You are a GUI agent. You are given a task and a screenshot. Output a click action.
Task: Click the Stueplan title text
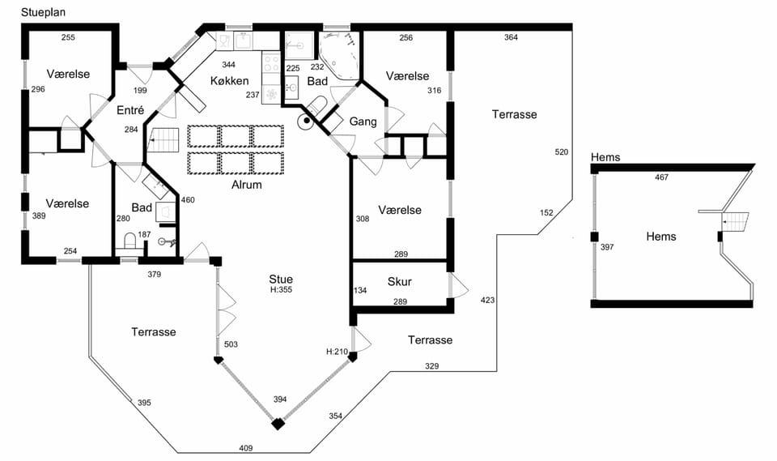[43, 12]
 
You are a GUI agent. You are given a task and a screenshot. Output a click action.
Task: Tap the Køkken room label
[229, 81]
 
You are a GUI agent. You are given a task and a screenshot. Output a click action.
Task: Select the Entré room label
[130, 110]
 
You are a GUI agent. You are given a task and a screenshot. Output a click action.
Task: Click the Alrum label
[246, 185]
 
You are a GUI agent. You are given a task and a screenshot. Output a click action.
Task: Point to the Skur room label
[399, 281]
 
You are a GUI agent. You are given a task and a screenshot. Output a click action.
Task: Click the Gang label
[363, 122]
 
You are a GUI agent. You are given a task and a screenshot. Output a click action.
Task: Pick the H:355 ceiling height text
[281, 290]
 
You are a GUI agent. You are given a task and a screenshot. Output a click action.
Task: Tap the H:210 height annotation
[337, 352]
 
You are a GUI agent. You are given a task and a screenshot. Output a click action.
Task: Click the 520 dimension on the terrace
[562, 152]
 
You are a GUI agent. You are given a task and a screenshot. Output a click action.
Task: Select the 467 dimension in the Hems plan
[661, 177]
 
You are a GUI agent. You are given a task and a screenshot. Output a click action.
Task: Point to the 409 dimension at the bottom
[246, 448]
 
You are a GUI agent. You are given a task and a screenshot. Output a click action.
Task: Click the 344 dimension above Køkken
[228, 65]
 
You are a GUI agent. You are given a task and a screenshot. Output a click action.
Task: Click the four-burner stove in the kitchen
[271, 63]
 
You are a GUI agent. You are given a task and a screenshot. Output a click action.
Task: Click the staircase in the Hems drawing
[734, 221]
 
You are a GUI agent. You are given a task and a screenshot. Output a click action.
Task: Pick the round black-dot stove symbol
[307, 120]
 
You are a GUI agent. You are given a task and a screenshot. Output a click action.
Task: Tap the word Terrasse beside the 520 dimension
[515, 114]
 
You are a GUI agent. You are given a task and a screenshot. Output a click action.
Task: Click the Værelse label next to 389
[67, 203]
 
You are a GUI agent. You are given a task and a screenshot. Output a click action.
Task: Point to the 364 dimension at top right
[511, 37]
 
